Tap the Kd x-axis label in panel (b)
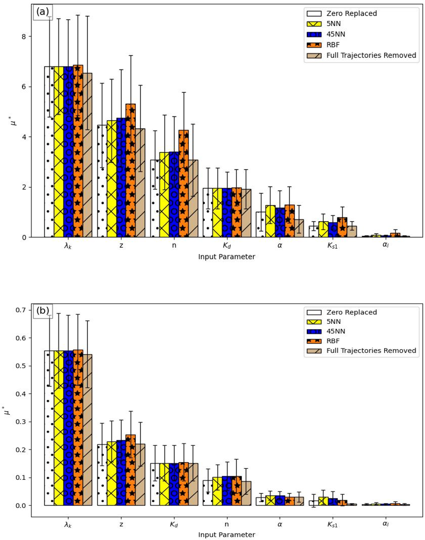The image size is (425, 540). click(x=174, y=525)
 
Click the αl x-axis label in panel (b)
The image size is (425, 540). click(x=385, y=525)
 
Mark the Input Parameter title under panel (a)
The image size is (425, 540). click(x=226, y=257)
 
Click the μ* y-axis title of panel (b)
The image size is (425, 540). click(x=7, y=410)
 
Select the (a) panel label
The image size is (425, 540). click(x=43, y=12)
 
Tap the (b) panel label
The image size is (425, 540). click(x=43, y=311)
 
